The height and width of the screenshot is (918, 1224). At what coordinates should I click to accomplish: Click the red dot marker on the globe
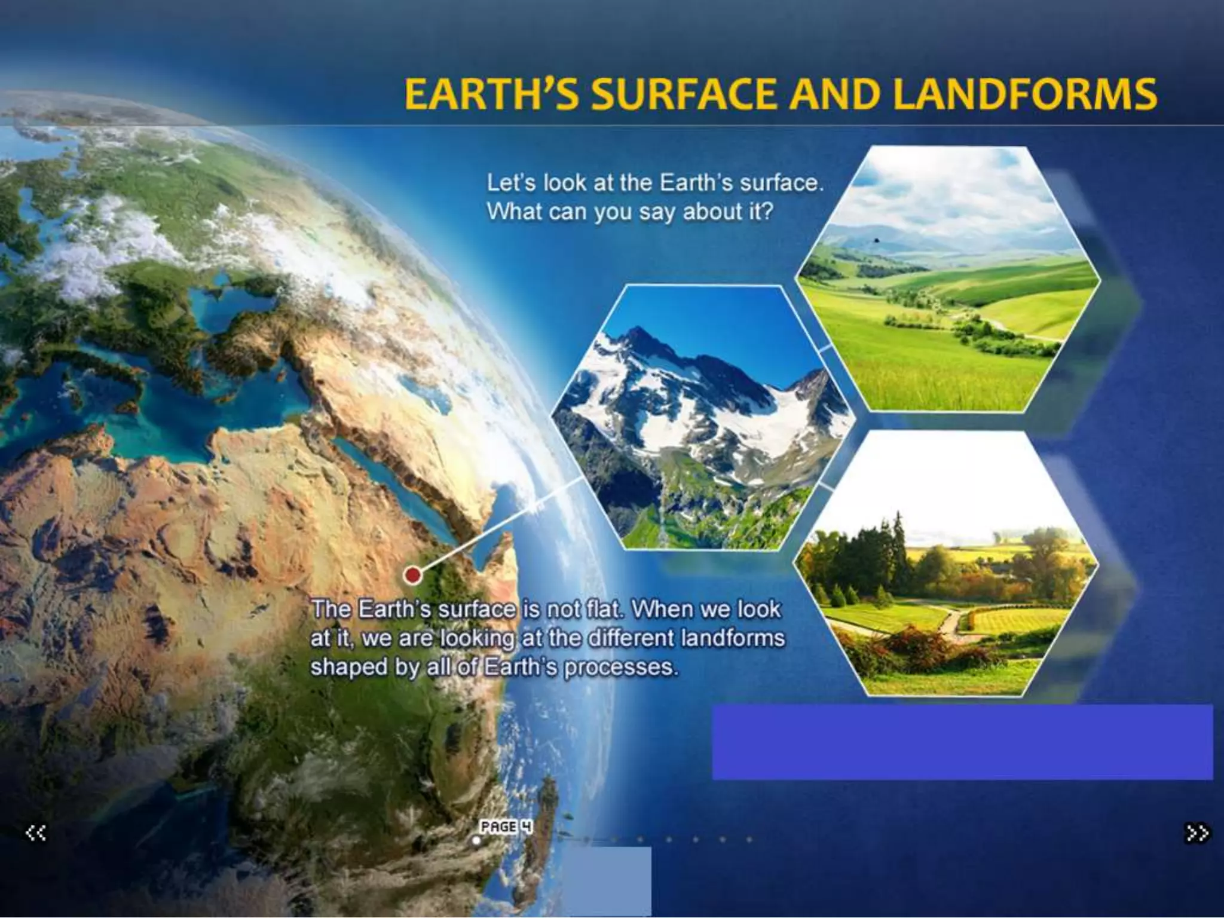click(x=412, y=575)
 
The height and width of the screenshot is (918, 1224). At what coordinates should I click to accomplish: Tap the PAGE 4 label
click(x=506, y=827)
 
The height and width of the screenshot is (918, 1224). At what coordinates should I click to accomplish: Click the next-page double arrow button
click(x=1197, y=833)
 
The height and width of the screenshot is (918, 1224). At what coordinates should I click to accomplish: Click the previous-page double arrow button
click(x=36, y=833)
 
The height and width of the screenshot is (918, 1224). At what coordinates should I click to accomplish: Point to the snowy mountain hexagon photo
click(x=702, y=418)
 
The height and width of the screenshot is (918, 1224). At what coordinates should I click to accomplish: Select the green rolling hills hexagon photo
click(x=947, y=281)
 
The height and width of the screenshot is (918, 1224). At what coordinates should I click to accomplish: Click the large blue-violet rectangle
click(x=962, y=742)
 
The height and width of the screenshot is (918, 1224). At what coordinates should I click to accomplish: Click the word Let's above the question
click(x=512, y=183)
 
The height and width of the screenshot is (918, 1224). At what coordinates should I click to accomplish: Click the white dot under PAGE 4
click(x=476, y=840)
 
